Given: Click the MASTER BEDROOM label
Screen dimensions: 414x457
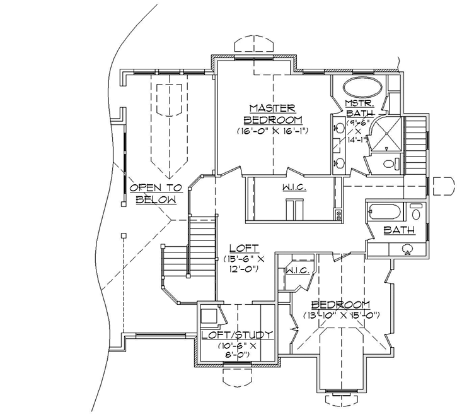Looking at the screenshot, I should (x=273, y=114).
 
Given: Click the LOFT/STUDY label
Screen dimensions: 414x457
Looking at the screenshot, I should (x=236, y=334).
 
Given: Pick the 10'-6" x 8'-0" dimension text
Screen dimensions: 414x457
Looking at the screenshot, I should (x=236, y=350).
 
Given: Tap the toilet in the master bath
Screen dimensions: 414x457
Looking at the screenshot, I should (x=389, y=164).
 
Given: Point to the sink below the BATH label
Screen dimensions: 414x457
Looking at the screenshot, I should (x=408, y=249).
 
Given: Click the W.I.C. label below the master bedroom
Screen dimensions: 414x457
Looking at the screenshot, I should (x=291, y=187).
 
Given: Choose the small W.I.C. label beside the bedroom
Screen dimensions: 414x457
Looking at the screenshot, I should (x=296, y=271).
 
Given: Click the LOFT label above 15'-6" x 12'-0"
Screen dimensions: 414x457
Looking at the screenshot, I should (x=240, y=248).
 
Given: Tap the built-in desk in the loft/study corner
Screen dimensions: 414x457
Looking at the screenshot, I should (x=209, y=316).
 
